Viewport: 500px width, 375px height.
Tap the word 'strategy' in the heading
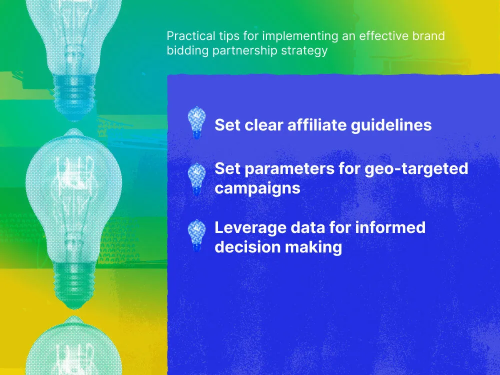point(306,51)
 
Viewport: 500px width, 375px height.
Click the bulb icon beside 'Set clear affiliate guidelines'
point(196,122)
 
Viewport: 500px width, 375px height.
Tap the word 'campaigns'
point(257,188)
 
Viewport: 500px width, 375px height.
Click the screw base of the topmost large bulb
point(74,90)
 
